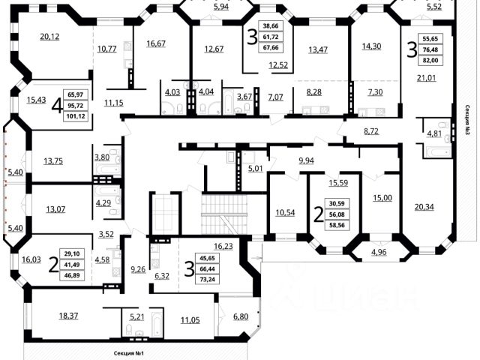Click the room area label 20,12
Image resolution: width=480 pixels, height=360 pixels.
point(49,35)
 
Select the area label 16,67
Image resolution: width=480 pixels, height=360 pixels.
point(156,43)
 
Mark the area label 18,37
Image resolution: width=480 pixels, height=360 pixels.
point(68,315)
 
